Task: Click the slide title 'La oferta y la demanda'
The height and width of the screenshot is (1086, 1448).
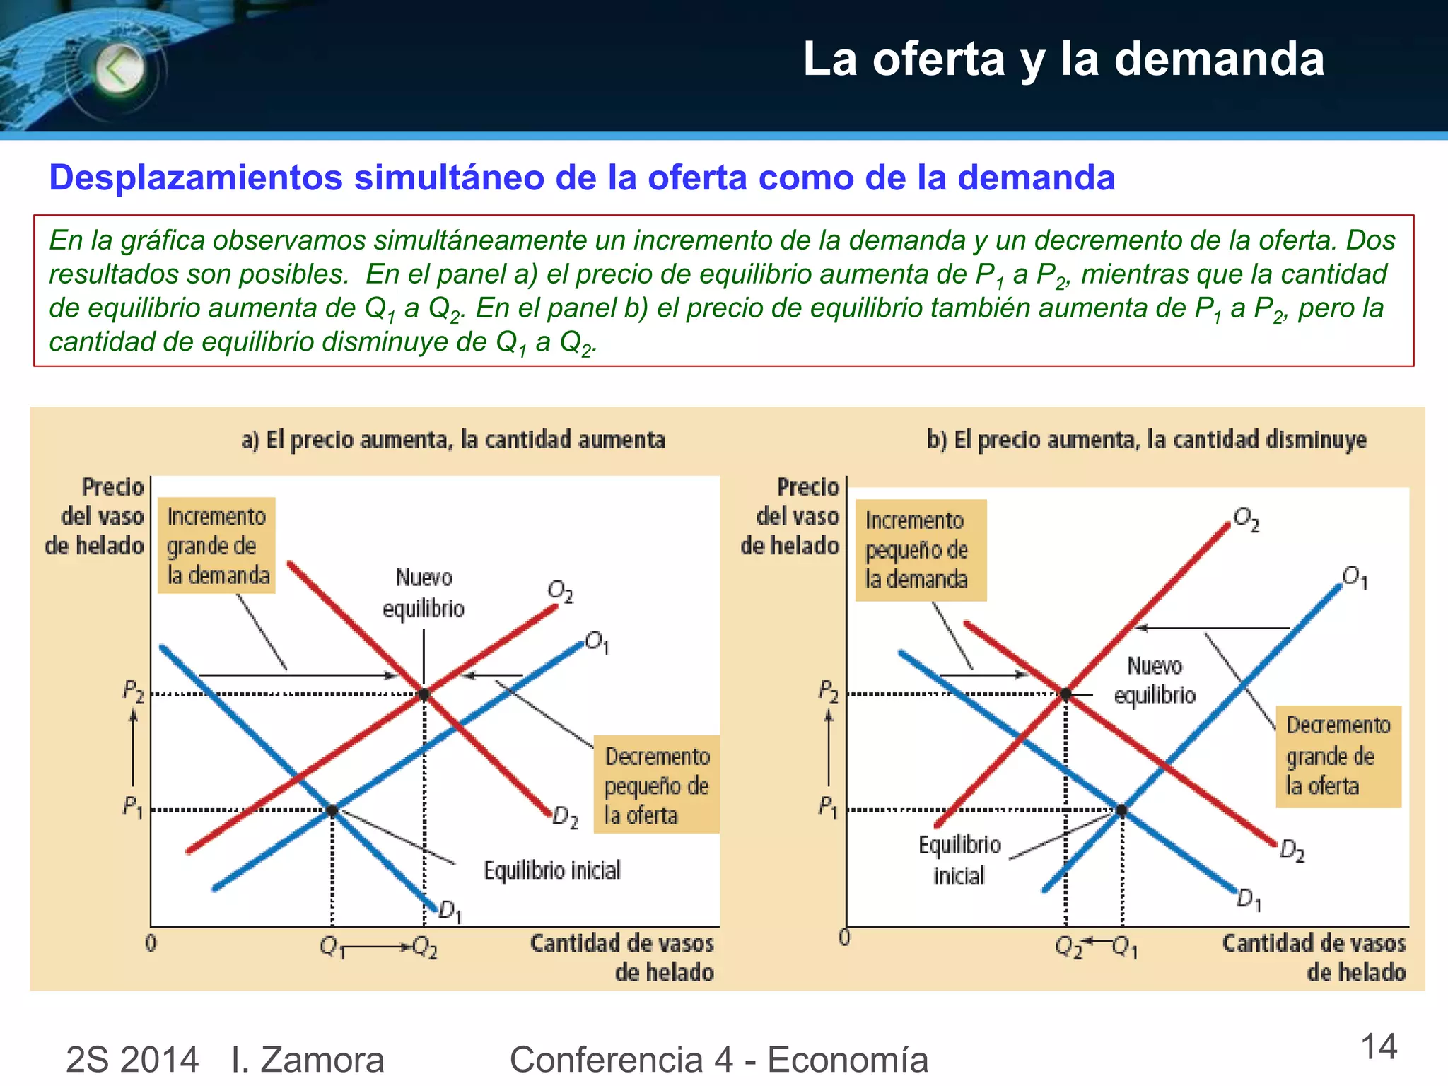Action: tap(1063, 59)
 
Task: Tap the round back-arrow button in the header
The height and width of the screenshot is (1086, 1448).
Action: tap(119, 69)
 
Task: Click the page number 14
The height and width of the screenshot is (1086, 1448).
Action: tap(1379, 1047)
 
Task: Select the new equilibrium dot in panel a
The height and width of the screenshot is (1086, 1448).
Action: tap(424, 694)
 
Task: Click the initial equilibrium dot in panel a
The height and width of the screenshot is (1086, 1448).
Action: tap(332, 810)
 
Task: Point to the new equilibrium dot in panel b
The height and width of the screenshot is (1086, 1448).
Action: tap(1065, 694)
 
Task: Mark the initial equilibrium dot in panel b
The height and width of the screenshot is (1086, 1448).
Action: tap(1122, 810)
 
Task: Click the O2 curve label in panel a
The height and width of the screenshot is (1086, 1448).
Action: tap(560, 591)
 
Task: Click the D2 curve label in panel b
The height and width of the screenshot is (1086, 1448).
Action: tap(1292, 850)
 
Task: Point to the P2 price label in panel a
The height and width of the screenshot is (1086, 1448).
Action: tap(133, 690)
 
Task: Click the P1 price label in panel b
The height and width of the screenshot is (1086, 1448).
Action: tap(828, 806)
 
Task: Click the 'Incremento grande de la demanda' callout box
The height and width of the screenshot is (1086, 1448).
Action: tap(216, 545)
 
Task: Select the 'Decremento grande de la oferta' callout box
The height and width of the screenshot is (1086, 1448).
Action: tap(1338, 756)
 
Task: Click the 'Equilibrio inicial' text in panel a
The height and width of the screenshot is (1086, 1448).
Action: tap(551, 870)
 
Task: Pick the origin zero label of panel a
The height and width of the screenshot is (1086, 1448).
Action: tap(151, 943)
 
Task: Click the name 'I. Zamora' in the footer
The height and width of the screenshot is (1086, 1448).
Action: tap(308, 1059)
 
